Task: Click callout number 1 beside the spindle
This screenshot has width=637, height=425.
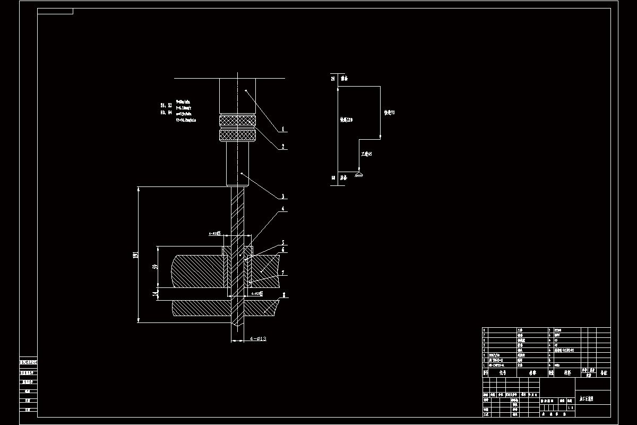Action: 283,129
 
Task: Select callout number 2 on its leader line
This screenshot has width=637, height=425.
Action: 283,146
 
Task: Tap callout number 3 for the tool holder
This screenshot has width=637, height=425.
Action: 283,196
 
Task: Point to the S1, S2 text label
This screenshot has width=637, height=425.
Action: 166,105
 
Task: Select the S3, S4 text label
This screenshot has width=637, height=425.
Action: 166,112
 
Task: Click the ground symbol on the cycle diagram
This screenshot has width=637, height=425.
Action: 359,175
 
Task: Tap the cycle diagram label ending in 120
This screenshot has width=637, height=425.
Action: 347,120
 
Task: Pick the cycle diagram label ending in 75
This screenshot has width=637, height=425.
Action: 389,113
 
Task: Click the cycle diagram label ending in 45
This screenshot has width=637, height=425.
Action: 366,154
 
